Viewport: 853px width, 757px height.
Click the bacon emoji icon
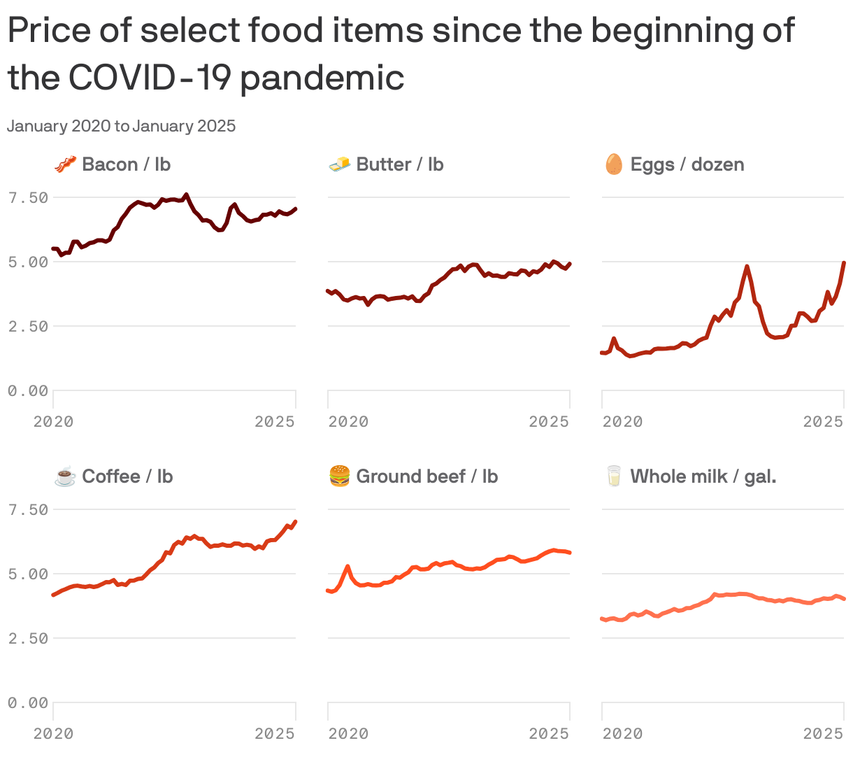pos(65,165)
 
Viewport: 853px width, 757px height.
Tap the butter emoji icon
pos(340,165)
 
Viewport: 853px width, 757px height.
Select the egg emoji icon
pos(614,165)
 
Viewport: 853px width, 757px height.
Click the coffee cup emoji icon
pos(65,477)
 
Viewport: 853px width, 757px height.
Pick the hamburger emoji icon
pos(340,477)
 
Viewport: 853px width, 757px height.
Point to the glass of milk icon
pos(614,477)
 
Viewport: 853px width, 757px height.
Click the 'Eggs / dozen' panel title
pos(687,165)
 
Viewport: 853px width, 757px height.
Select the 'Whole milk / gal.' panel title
pos(703,477)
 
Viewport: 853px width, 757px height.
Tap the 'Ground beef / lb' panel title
pos(426,477)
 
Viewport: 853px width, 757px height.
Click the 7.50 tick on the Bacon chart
pos(28,198)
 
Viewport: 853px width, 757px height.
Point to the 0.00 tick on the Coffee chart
pos(28,703)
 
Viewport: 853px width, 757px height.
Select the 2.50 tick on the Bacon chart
pos(28,327)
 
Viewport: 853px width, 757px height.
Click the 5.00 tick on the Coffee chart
pos(28,574)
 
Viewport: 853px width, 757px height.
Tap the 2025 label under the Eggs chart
pos(823,422)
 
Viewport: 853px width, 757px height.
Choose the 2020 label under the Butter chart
pos(348,422)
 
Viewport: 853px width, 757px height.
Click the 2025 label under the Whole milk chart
pos(823,734)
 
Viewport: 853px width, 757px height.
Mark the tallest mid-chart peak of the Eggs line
pos(747,267)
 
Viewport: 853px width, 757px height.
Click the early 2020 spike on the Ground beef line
pos(347,567)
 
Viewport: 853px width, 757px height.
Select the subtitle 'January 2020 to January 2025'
pos(122,127)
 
